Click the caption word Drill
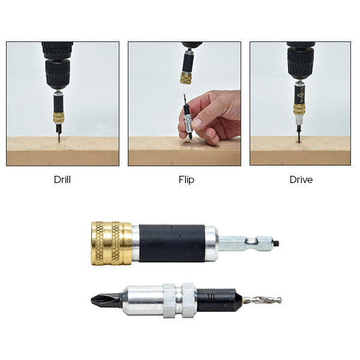click(62, 179)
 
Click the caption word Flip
click(186, 179)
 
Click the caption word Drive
click(301, 179)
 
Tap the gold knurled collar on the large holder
click(112, 243)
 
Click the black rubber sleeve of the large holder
click(172, 243)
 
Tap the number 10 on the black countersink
click(210, 296)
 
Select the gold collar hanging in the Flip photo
click(187, 78)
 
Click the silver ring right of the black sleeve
click(211, 243)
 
